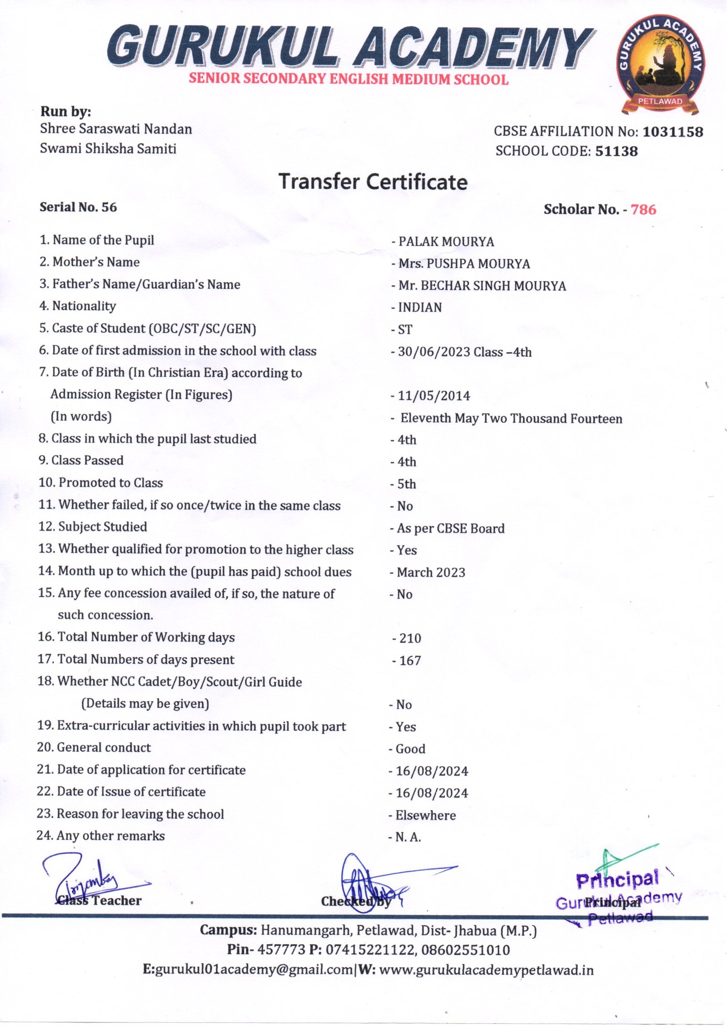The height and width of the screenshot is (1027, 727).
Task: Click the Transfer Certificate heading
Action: (373, 182)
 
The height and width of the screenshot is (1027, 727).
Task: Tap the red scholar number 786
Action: (643, 209)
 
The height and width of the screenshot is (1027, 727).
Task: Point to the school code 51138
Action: (616, 151)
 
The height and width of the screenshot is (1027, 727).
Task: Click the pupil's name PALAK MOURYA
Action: (446, 242)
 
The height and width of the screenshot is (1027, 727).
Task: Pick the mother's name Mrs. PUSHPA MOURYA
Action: (464, 264)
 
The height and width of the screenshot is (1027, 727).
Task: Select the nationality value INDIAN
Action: (419, 308)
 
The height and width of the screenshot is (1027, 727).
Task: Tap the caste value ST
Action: (405, 330)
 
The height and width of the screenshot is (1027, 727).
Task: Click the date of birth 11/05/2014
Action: (433, 396)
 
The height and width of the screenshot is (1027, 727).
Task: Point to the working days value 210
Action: (410, 638)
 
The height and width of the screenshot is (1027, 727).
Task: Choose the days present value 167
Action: (410, 661)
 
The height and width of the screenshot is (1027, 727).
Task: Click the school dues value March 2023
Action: (431, 573)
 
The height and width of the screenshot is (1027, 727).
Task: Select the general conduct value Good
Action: (410, 749)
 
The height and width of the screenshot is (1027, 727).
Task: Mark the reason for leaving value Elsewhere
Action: (425, 815)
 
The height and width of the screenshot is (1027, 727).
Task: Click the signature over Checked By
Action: (363, 881)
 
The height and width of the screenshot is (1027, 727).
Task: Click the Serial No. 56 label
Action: (78, 207)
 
